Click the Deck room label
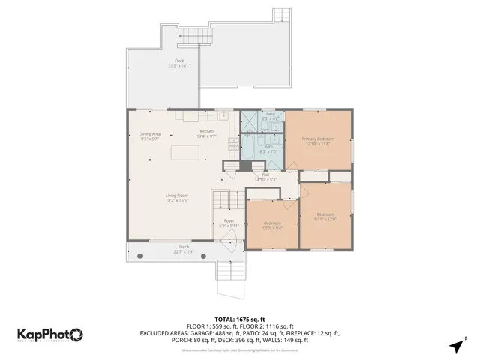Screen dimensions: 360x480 178,61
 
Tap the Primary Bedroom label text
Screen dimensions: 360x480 317,139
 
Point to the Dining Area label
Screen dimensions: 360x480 150,133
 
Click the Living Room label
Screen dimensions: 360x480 176,196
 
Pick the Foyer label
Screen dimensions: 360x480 229,221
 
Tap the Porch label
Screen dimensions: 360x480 183,247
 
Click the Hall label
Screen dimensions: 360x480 265,175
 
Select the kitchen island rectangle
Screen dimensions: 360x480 185,153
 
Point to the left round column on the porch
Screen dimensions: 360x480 139,256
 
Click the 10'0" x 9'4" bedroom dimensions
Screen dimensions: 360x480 272,229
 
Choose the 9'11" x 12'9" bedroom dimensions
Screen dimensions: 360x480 325,219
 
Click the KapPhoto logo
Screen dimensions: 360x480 49,334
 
